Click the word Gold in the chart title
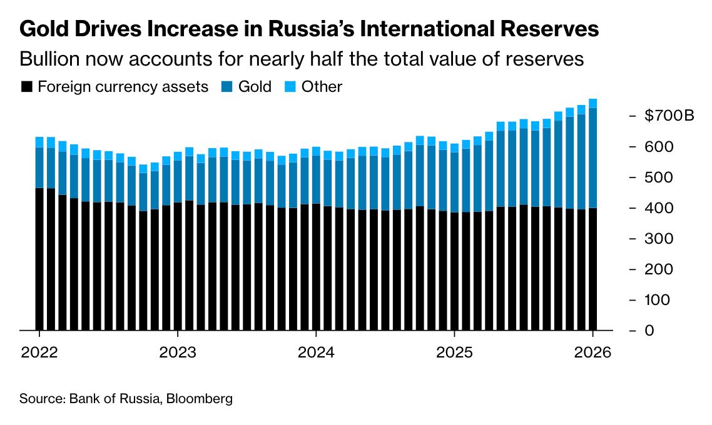pos(44,29)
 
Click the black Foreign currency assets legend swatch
pos(26,87)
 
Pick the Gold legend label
pos(255,87)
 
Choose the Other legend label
pos(322,87)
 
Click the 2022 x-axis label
pos(39,352)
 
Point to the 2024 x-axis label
pos(316,352)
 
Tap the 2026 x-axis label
pos(592,352)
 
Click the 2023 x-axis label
pos(178,352)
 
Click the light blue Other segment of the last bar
pos(592,104)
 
